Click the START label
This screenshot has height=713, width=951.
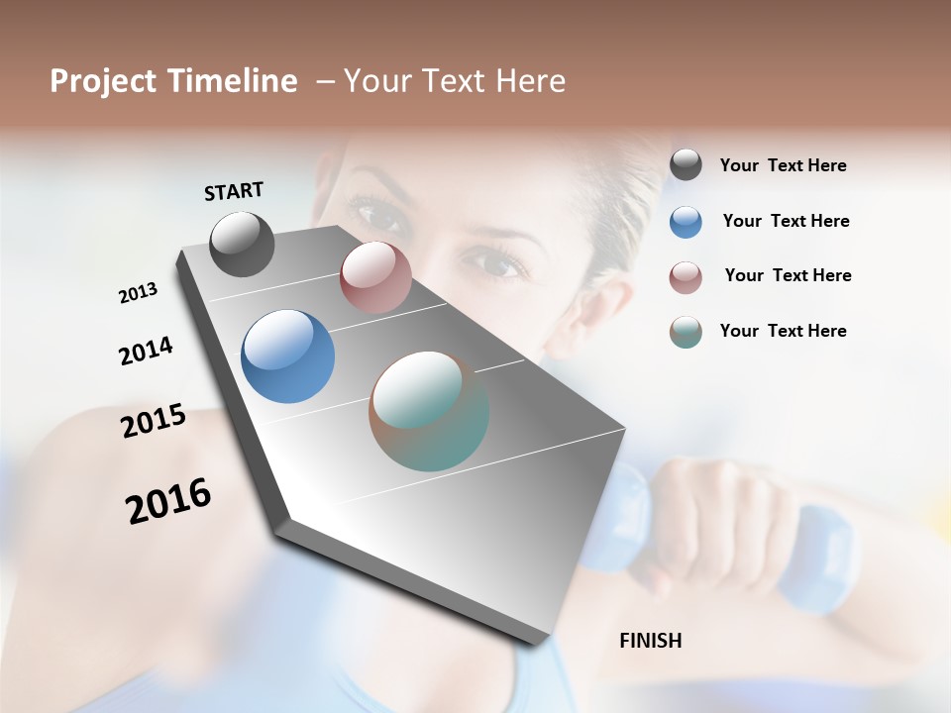234,190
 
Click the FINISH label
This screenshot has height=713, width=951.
650,641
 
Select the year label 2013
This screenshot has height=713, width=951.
138,293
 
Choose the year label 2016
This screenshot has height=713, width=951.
168,501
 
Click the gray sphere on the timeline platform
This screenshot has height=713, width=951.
242,244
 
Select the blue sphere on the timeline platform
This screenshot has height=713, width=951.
287,356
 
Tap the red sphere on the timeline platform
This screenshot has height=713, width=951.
375,277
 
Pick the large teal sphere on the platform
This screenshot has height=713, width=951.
429,411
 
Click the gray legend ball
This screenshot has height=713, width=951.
686,164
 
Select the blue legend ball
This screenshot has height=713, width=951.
686,221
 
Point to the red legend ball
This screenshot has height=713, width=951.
686,277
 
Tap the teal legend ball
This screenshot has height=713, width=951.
686,332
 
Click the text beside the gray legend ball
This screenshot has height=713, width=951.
783,165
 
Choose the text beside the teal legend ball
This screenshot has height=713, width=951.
783,331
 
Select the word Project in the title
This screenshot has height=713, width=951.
101,81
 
